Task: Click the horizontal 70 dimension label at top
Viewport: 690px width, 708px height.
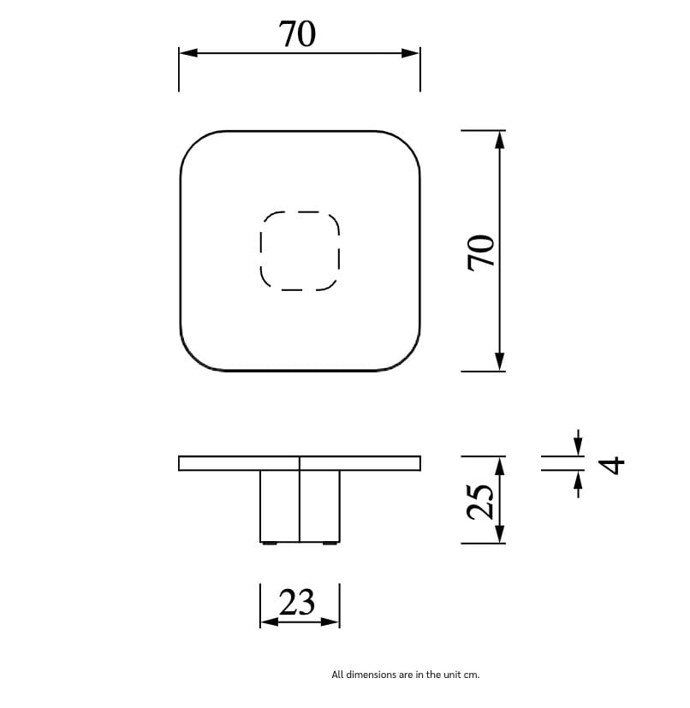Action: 297,34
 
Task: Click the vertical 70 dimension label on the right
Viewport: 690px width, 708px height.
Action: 481,252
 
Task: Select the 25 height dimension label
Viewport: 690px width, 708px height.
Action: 480,502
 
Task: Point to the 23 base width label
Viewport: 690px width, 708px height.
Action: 298,603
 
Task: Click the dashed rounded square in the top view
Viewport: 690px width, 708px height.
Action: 300,251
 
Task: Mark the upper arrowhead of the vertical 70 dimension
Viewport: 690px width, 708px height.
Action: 500,140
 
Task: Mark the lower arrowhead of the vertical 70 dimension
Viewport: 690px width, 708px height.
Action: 500,362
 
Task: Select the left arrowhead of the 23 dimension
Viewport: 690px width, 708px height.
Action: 269,622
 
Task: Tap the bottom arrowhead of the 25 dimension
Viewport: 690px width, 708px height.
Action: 500,534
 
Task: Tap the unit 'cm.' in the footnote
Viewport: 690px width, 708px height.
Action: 472,675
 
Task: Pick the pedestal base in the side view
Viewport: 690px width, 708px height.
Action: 300,506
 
